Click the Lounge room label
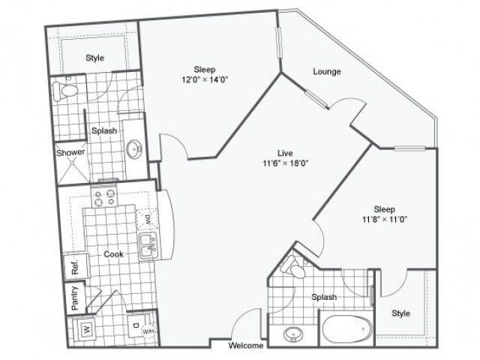pyautogui.click(x=327, y=72)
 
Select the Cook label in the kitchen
pyautogui.click(x=114, y=254)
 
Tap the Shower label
pyautogui.click(x=70, y=153)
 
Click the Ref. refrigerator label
pyautogui.click(x=75, y=265)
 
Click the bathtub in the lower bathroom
pyautogui.click(x=346, y=331)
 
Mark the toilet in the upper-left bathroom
pyautogui.click(x=65, y=91)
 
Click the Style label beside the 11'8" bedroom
pyautogui.click(x=401, y=313)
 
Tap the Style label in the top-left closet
pyautogui.click(x=94, y=58)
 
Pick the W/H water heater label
pyautogui.click(x=149, y=333)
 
